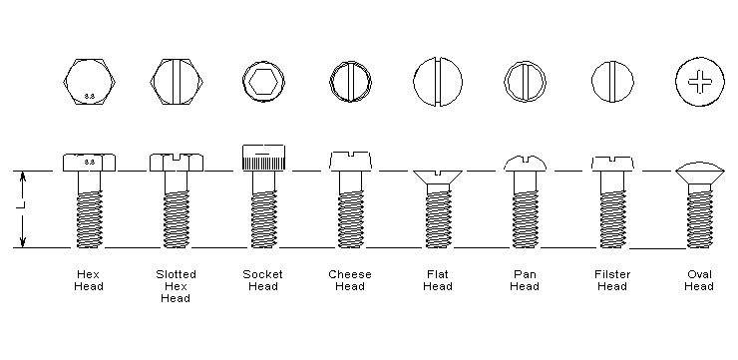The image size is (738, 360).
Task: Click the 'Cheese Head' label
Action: tap(350, 280)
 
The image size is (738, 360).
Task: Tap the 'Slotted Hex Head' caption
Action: tap(177, 286)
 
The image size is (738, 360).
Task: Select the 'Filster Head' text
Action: tap(612, 280)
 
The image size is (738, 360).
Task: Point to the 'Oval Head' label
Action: tap(699, 280)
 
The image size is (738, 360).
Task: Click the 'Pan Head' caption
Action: tap(525, 280)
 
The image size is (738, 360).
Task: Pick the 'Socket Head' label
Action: tap(262, 280)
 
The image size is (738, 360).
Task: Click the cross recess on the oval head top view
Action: tap(700, 82)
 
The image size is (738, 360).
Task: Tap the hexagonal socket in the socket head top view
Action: tap(263, 82)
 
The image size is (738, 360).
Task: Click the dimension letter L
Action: tap(23, 204)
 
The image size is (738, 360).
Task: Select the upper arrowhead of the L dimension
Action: tap(23, 177)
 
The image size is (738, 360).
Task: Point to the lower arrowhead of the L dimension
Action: tap(23, 241)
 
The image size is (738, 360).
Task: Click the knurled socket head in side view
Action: tap(263, 158)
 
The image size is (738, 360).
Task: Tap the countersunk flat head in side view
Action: tap(438, 178)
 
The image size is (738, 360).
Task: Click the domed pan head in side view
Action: tap(526, 163)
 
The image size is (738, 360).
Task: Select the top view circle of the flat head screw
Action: tap(438, 82)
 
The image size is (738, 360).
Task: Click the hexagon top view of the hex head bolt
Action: tap(90, 82)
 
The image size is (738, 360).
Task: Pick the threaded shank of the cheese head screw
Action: tap(351, 218)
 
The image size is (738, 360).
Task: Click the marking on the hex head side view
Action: tap(90, 162)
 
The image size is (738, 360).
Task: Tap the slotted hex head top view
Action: tap(177, 82)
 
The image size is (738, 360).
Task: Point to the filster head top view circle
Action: tap(612, 82)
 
